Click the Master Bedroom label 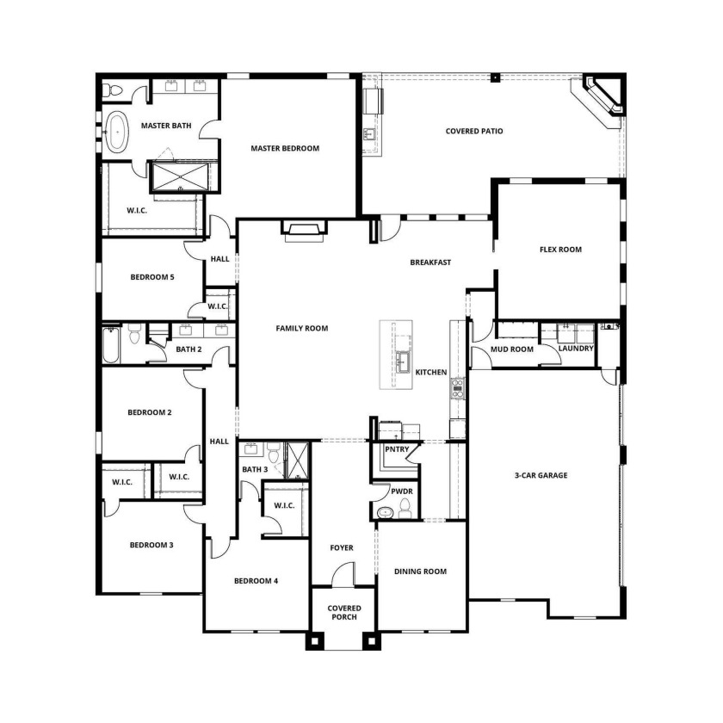pos(285,148)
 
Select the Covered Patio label pos(474,132)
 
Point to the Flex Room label pos(560,250)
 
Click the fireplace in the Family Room pos(304,230)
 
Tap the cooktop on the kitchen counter pos(457,388)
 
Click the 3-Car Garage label pos(541,475)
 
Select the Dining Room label pos(420,572)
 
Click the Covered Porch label pos(344,613)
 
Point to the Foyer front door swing pos(343,573)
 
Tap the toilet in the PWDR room pos(405,509)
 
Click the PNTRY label pos(397,449)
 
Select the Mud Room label pos(512,349)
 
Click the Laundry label pos(576,349)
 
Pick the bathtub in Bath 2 pos(111,345)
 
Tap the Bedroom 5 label pos(152,277)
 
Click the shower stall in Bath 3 pos(298,460)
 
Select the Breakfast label pos(430,263)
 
